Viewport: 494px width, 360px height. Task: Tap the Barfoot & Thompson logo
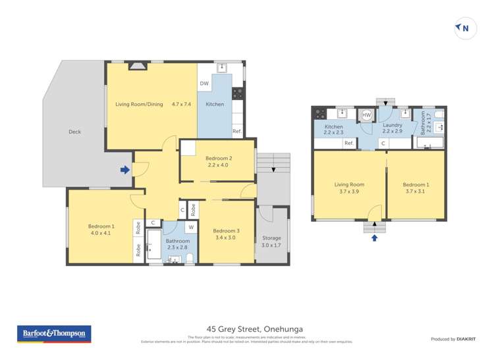tap(54, 334)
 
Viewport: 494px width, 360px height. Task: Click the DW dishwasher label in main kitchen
tap(204, 84)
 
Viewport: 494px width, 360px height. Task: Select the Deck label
tap(75, 132)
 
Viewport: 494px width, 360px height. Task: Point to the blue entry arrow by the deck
tap(124, 170)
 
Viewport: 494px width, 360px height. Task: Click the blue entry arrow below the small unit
tap(375, 238)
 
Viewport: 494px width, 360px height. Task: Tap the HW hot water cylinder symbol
tap(367, 115)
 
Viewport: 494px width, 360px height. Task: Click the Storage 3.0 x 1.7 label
tap(271, 241)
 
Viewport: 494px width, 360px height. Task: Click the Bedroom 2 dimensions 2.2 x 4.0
tap(219, 165)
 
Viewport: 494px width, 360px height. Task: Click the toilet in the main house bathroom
tap(189, 257)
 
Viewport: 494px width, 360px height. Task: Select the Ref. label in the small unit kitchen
tap(348, 143)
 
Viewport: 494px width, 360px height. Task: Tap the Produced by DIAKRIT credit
tap(453, 339)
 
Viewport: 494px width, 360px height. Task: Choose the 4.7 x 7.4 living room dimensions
tap(181, 104)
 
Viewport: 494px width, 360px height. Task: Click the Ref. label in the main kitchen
tap(236, 131)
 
